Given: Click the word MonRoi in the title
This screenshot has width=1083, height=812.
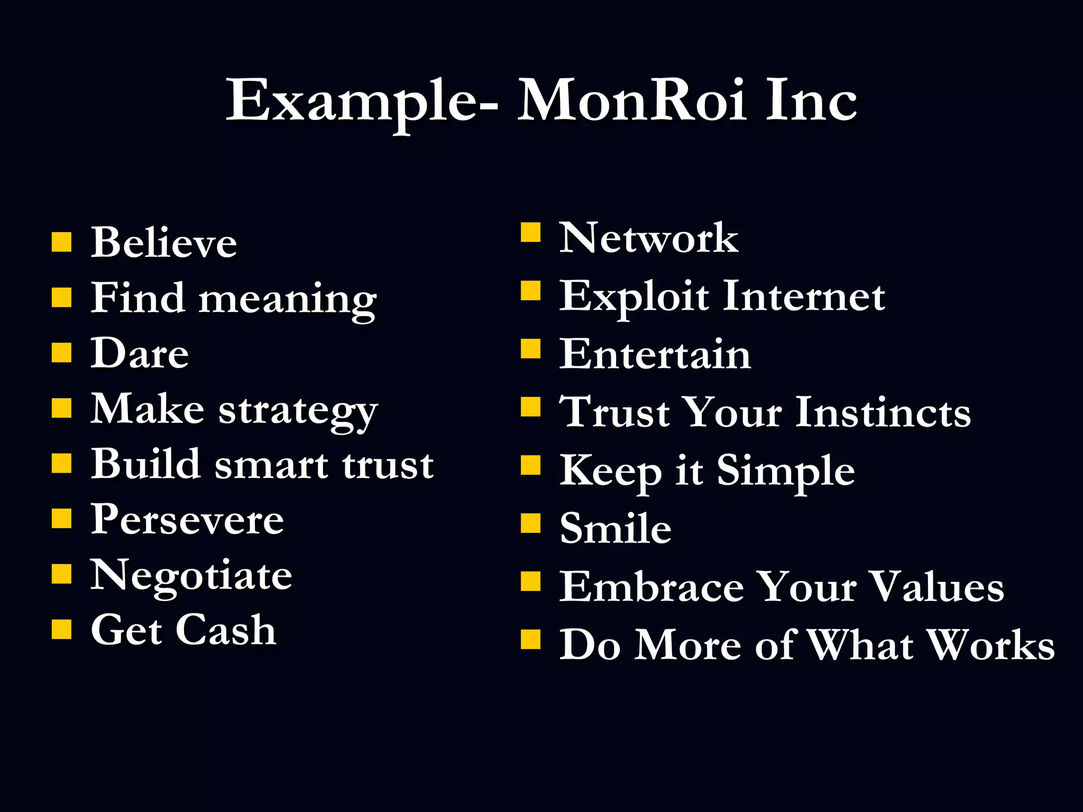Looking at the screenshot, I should (632, 100).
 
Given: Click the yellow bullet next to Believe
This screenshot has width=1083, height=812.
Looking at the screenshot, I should (61, 242).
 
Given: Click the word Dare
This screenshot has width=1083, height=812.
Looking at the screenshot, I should (140, 353).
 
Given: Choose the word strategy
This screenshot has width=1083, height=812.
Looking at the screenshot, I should (298, 411).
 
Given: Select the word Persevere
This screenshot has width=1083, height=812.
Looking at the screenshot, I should (187, 520).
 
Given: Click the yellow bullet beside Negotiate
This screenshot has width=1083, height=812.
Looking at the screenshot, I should (61, 574).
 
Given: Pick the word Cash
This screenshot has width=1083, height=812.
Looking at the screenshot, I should (226, 630).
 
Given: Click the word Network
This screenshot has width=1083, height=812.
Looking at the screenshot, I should (648, 238).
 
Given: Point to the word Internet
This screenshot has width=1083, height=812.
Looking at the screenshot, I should (803, 296).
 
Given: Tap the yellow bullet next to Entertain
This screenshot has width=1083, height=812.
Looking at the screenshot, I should (530, 349).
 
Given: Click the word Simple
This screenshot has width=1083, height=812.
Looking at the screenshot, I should (785, 470).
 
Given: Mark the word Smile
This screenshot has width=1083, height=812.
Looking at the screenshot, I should (616, 528).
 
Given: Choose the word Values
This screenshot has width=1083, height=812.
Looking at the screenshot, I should (937, 587).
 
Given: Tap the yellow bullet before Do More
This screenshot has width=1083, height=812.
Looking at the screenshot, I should (530, 639).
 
